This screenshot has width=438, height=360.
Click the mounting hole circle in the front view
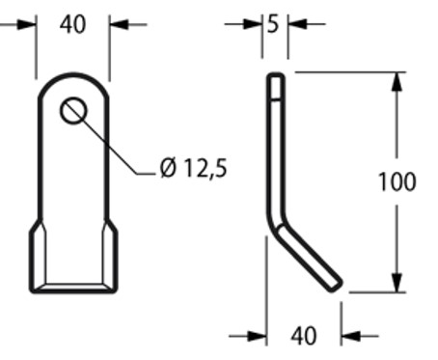pyautogui.click(x=73, y=111)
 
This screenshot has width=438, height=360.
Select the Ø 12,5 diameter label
pyautogui.click(x=196, y=170)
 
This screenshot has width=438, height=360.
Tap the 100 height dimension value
pyautogui.click(x=397, y=180)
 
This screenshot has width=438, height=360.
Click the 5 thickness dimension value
pyautogui.click(x=273, y=22)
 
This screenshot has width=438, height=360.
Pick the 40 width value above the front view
pyautogui.click(x=73, y=23)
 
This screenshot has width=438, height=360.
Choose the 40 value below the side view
pyautogui.click(x=304, y=336)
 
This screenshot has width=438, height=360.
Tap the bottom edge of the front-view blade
pyautogui.click(x=74, y=287)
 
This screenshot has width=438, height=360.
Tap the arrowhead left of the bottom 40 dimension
pyautogui.click(x=258, y=336)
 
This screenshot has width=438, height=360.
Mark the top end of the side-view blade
pyautogui.click(x=276, y=77)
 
